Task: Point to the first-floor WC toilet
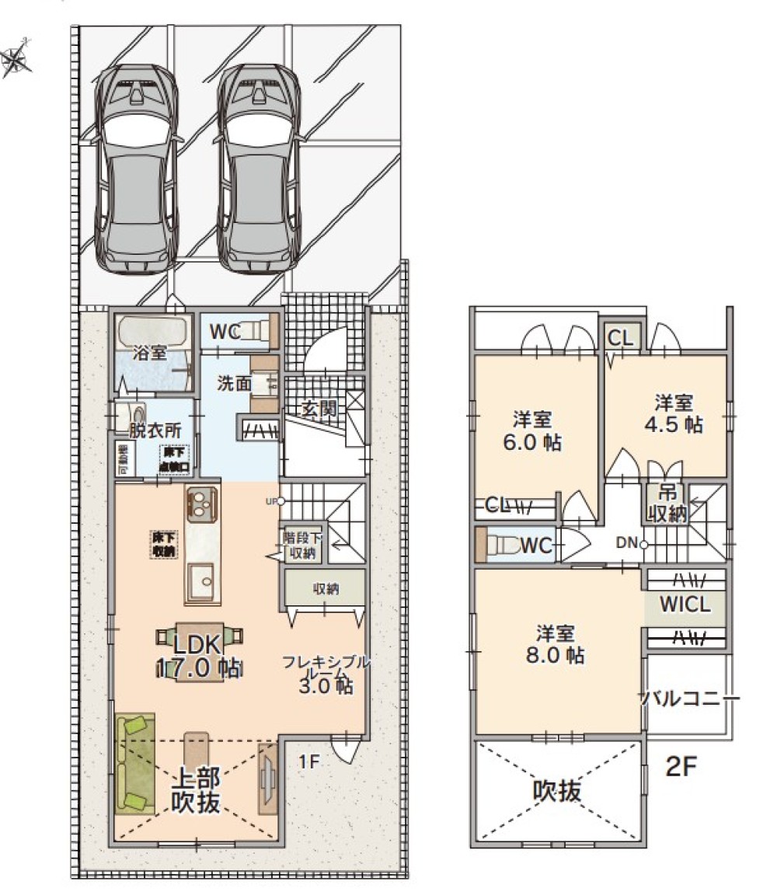coord(260,332)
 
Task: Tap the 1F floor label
coord(308,761)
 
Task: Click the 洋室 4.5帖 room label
coord(673,414)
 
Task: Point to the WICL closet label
coord(686,605)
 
